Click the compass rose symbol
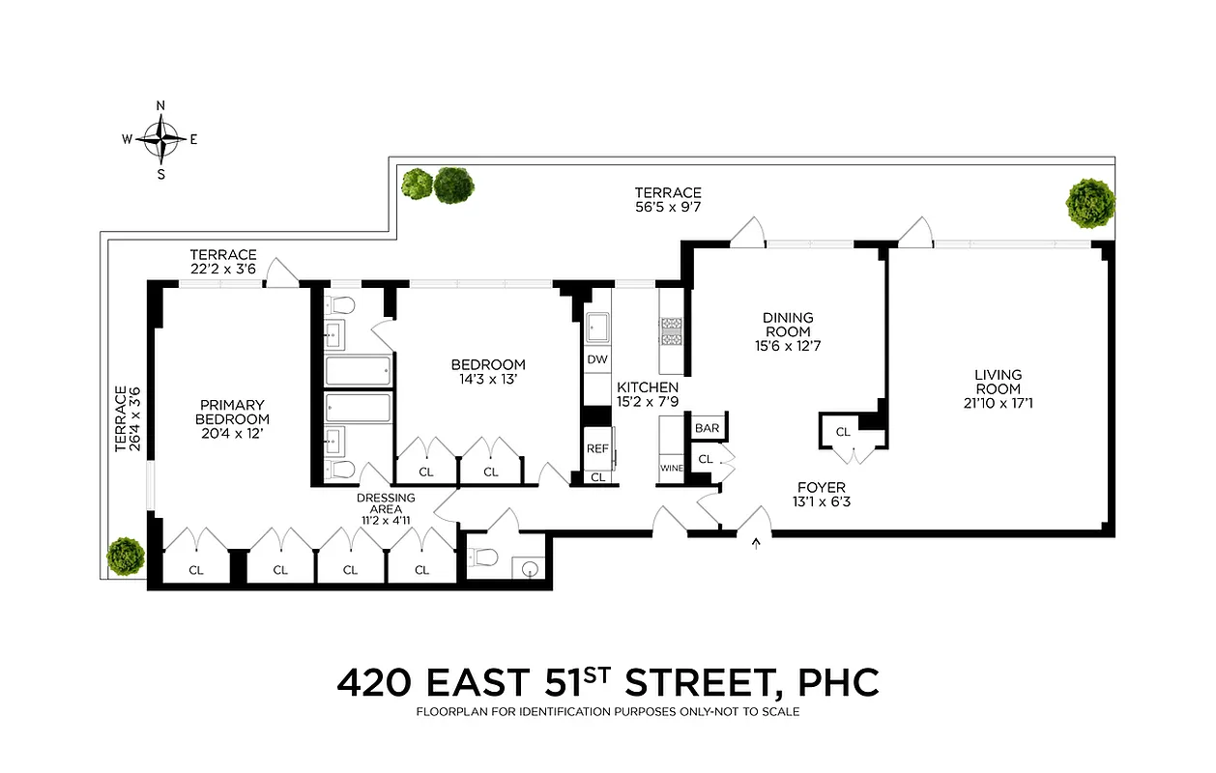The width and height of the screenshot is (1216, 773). coord(160,139)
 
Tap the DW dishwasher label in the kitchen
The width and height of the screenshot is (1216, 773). coord(597,359)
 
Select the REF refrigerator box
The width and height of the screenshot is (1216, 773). coord(597,448)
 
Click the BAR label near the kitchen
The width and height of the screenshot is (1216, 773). coord(706,427)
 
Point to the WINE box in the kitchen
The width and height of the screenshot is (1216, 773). coord(671,468)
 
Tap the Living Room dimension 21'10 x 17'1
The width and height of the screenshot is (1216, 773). coord(998,403)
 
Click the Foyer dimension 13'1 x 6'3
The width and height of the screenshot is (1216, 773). coord(822,501)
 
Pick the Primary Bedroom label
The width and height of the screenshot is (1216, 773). coord(232,412)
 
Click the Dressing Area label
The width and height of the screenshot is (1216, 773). coord(386,504)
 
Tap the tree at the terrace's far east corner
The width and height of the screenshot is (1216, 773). coord(1090,202)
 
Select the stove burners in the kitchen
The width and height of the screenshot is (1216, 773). coord(671,331)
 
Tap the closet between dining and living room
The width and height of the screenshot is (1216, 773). coord(843,432)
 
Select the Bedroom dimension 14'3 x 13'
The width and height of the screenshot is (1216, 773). coord(488,380)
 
